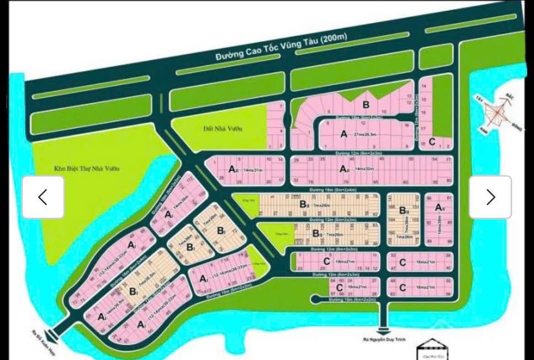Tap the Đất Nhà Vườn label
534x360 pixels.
pos(230,128)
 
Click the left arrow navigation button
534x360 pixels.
pos(43,197)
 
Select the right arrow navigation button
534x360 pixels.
pos(490,197)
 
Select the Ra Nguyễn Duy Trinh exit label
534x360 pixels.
pos(384,340)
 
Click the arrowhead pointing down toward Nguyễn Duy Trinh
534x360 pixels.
pos(383,330)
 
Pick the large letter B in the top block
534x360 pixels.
pos(366,104)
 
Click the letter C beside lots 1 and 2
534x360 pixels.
pos(432,142)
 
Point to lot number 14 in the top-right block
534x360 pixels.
pos(424,86)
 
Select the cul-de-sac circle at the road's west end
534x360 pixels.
pos(314,299)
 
